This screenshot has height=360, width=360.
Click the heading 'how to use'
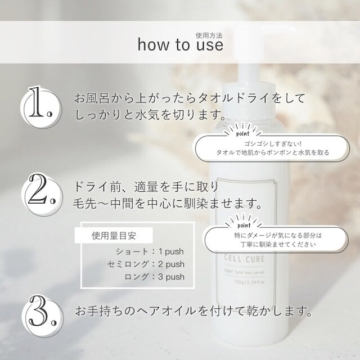point(181,44)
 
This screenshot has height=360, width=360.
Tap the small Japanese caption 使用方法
point(209,35)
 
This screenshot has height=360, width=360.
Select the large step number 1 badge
point(41,107)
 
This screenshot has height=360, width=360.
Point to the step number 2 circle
point(42,195)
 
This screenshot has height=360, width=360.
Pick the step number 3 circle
point(43,316)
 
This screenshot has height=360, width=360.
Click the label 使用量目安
point(114,236)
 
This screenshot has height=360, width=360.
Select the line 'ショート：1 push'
point(150,251)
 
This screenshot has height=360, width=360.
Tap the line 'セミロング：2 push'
point(146,264)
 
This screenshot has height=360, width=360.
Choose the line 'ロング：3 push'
point(155,277)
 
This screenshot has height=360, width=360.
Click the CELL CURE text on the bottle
point(244,259)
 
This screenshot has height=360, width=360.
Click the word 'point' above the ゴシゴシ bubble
point(242,133)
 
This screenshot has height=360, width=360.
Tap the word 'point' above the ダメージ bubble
point(244,225)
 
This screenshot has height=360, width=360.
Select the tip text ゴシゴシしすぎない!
point(272,144)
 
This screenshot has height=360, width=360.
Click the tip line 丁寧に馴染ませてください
point(278,244)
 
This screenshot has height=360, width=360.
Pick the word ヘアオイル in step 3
point(166,311)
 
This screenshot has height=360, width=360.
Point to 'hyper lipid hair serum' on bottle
point(244,272)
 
